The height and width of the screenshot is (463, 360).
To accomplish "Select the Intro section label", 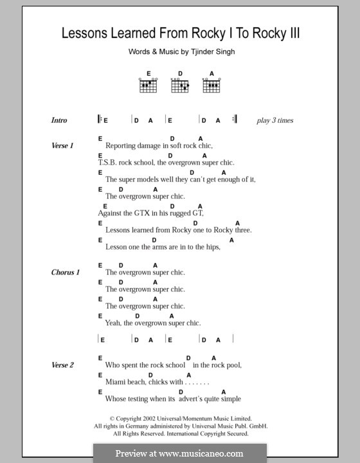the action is coord(59,120).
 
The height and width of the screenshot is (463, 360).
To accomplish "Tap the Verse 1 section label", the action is coord(63,146).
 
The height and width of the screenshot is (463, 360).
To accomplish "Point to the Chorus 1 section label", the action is coord(66,273).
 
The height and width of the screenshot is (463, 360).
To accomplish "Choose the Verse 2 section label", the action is coord(63,365).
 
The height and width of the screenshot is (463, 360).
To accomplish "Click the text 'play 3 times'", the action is coord(274,120).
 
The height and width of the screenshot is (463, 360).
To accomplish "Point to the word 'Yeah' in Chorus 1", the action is coord(113,323).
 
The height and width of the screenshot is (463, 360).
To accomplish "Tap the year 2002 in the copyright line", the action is coord(150,418).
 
